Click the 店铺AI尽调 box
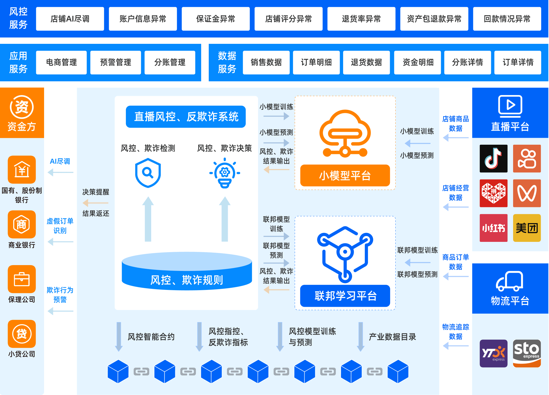click(x=70, y=19)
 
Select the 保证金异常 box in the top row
click(x=216, y=19)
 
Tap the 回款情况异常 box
click(x=507, y=19)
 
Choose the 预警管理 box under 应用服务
click(x=116, y=62)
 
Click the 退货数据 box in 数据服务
click(x=366, y=62)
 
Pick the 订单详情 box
click(x=518, y=62)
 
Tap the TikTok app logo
click(x=493, y=158)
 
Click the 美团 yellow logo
click(x=527, y=228)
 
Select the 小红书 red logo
click(x=493, y=228)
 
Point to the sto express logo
click(x=527, y=353)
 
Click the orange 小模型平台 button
click(x=345, y=176)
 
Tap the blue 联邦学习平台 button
click(x=345, y=296)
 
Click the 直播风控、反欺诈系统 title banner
click(x=186, y=117)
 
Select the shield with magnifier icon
click(x=148, y=173)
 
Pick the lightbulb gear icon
click(x=225, y=173)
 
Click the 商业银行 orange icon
click(x=22, y=224)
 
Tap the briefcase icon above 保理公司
click(x=22, y=279)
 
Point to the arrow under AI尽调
click(x=60, y=172)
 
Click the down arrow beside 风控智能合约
click(x=119, y=337)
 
